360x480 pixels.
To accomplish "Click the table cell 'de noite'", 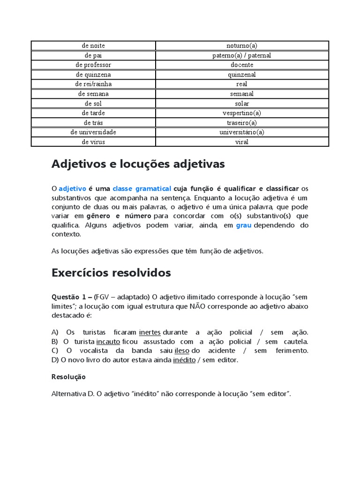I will (93, 45).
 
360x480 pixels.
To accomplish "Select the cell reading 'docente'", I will (242, 65).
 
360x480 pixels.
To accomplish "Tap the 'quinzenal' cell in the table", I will (242, 75).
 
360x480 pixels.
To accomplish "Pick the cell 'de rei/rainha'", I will (93, 84).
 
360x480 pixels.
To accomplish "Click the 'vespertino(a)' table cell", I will (242, 113).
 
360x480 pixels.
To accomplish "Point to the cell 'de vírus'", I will (93, 142).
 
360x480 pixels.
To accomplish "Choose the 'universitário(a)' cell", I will (242, 132).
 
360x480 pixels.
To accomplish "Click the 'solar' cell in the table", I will (242, 103).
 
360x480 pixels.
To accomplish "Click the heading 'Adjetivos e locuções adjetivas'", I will (138, 164).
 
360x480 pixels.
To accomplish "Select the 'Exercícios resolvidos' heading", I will (111, 272).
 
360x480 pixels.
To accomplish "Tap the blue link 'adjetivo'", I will (72, 188).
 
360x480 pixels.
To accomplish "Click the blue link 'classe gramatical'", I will (142, 188).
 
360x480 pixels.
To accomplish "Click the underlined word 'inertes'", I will (150, 332).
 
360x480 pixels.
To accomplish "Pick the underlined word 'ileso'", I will (182, 351).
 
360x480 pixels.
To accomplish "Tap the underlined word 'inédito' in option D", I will (184, 360).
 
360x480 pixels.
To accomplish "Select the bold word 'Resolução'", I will (68, 377).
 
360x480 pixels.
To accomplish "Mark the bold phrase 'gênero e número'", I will (119, 216).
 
